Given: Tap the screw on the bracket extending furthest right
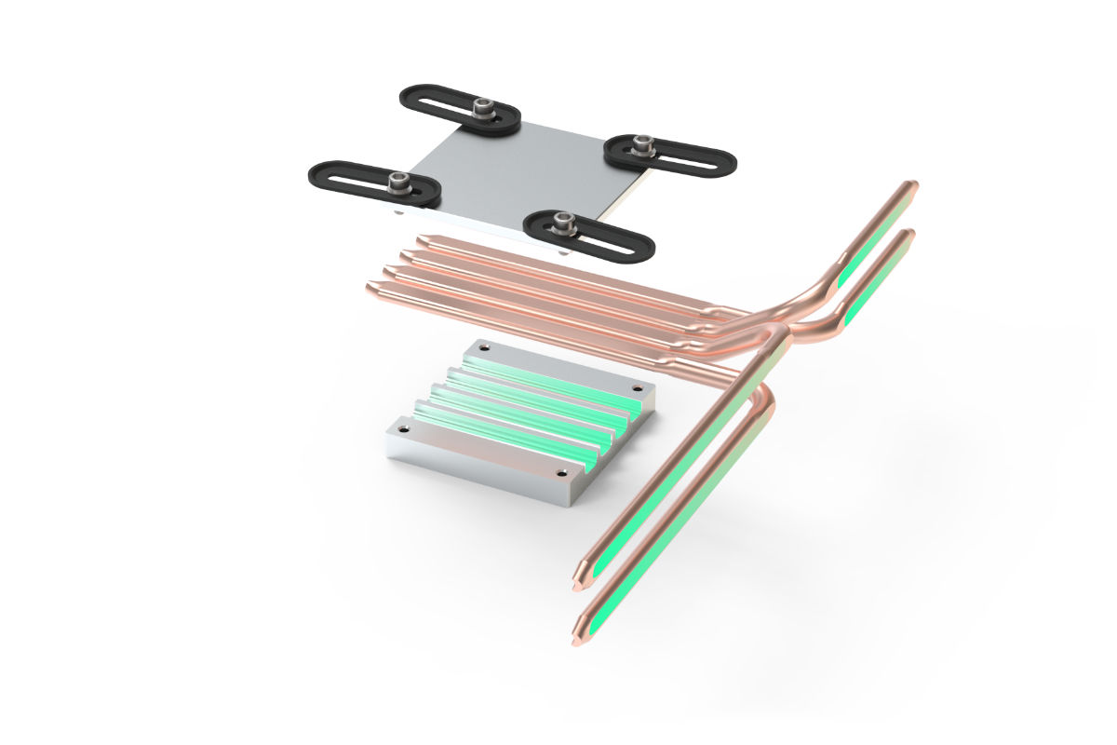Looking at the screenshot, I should pyautogui.click(x=639, y=144).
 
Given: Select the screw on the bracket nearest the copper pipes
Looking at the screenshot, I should pyautogui.click(x=561, y=221).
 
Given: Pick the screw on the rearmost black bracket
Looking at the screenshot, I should pyautogui.click(x=482, y=108).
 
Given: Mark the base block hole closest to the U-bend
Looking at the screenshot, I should pyautogui.click(x=637, y=387).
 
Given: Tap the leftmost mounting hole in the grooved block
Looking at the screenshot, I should pyautogui.click(x=403, y=428).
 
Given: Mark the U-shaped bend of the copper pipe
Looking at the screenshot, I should pyautogui.click(x=763, y=396).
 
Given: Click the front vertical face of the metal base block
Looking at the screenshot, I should pyautogui.click(x=484, y=470).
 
